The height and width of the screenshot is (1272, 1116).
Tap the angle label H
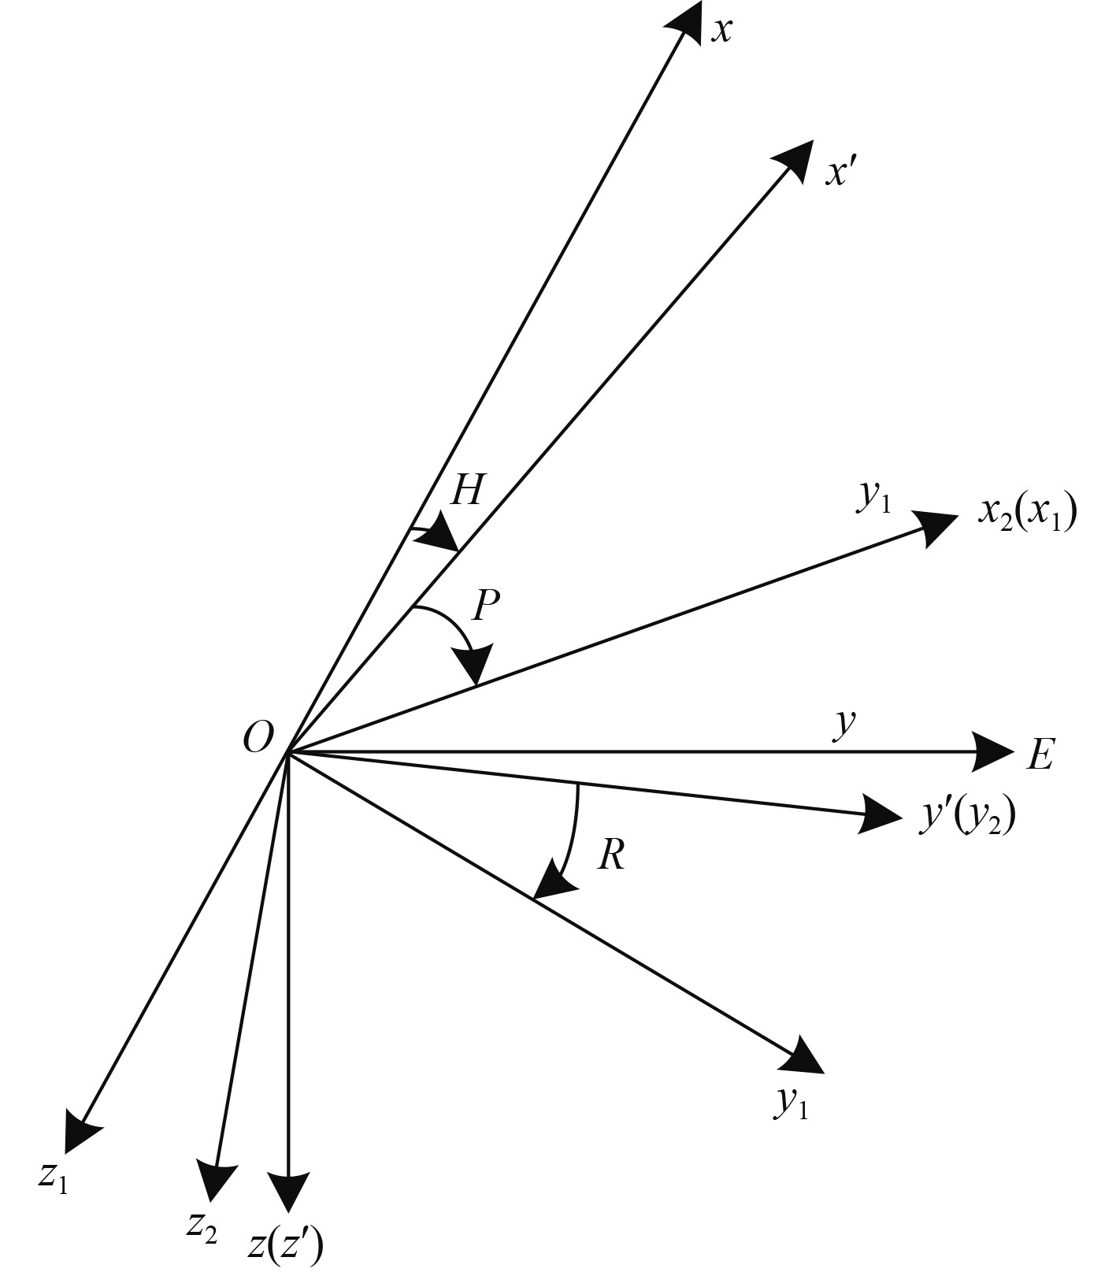(x=466, y=491)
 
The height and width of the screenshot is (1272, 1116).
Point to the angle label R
(x=611, y=855)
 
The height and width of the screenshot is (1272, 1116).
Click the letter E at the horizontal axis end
(x=1040, y=755)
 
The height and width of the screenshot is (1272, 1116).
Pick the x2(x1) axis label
(x=1026, y=514)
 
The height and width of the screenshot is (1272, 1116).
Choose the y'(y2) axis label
(x=968, y=818)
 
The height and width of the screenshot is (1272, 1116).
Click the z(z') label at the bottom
(x=285, y=1245)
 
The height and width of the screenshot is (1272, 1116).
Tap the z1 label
(x=53, y=1177)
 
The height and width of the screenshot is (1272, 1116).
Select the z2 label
(x=202, y=1226)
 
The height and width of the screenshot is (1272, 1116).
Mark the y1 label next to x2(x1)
(x=873, y=498)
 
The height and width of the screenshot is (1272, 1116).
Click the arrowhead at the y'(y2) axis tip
(x=880, y=814)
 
